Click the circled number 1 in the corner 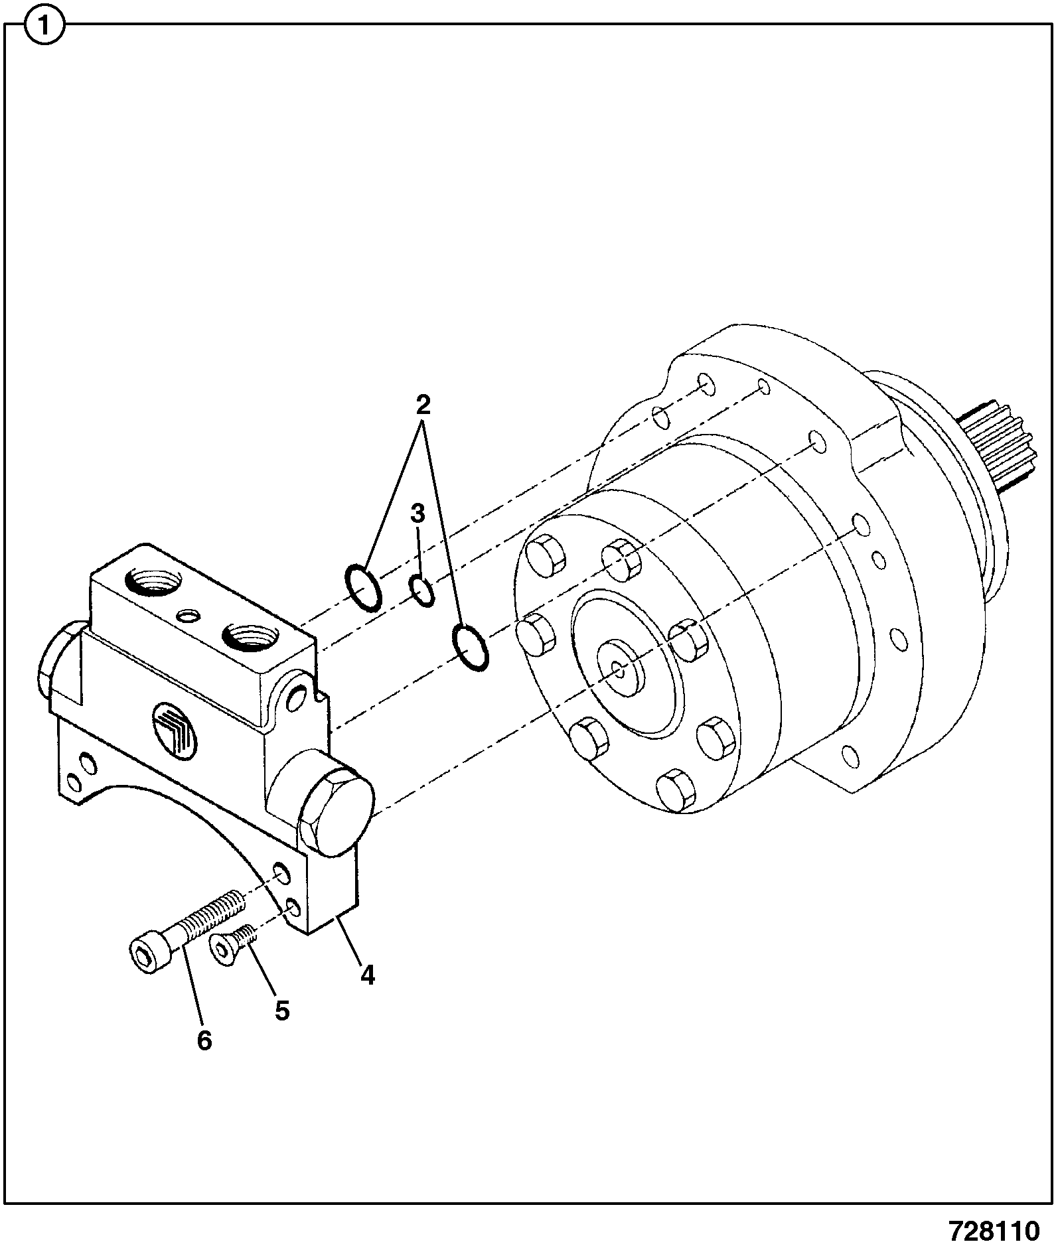click(44, 27)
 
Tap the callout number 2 click(423, 404)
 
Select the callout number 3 click(417, 514)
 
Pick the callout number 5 click(282, 1011)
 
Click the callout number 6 click(204, 1041)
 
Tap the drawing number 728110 click(994, 1232)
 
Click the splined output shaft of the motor click(994, 446)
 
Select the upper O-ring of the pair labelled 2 click(363, 587)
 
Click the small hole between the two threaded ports click(190, 616)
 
